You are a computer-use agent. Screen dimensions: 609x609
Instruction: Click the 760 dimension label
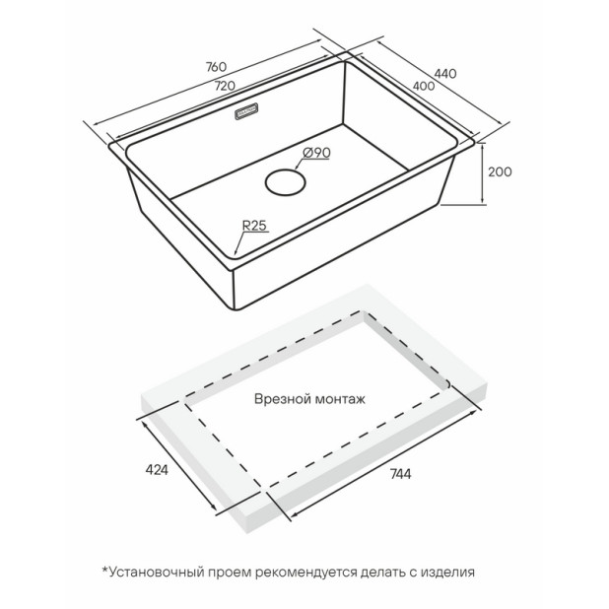[216, 67]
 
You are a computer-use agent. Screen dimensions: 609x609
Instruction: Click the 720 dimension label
[225, 86]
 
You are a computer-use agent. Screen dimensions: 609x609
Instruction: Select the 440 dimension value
[445, 73]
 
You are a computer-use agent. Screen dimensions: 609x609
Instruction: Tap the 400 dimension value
[424, 86]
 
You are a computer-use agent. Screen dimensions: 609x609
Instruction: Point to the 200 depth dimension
[500, 171]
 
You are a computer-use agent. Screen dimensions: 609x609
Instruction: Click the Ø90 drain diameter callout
[315, 153]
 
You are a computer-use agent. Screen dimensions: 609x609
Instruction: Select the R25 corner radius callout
[254, 226]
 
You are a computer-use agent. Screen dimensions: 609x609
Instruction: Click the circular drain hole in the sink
[286, 181]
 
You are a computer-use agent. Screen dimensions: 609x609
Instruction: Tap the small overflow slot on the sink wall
[247, 111]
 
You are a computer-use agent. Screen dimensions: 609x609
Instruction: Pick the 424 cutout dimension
[157, 470]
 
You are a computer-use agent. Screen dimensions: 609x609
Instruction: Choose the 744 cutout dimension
[400, 474]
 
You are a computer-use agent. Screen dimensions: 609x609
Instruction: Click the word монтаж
[340, 400]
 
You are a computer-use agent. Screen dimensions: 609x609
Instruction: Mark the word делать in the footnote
[381, 573]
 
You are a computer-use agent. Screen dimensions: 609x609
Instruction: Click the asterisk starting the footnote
[104, 570]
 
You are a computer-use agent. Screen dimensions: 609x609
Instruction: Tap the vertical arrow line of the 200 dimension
[483, 173]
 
